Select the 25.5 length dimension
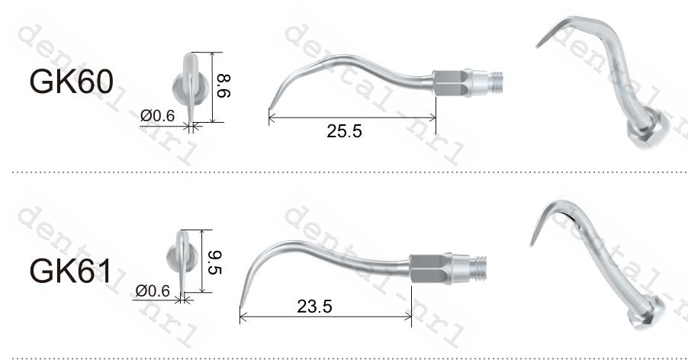[344, 130]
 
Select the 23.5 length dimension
[314, 307]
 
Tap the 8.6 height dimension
[223, 86]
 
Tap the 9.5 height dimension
[213, 260]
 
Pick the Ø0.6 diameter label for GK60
[158, 115]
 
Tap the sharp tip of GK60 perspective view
[538, 47]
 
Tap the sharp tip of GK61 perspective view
[532, 243]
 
